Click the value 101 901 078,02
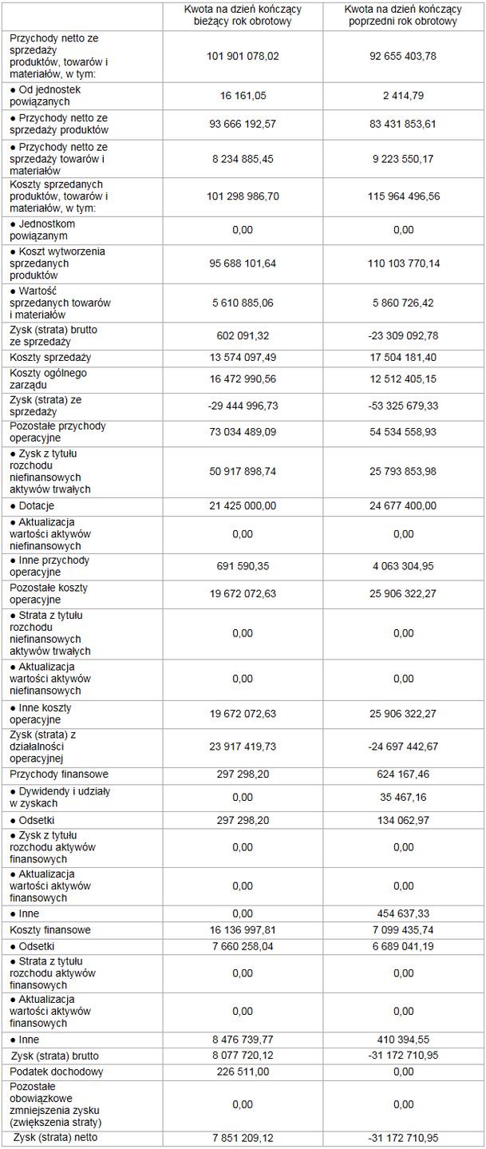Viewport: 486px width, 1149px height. click(243, 55)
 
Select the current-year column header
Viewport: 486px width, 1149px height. click(243, 16)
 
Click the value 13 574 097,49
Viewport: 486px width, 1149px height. click(243, 357)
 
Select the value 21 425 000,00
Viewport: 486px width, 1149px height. click(243, 505)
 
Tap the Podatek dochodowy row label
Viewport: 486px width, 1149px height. click(57, 1072)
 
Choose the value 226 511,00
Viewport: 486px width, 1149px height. click(243, 1072)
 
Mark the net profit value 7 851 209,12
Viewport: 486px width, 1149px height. click(243, 1137)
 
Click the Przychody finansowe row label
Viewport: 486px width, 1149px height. click(59, 774)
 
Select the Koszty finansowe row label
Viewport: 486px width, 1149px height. click(50, 929)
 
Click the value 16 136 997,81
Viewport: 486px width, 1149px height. click(243, 929)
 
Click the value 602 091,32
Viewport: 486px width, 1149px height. click(243, 335)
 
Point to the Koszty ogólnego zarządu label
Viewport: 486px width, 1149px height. click(48, 378)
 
